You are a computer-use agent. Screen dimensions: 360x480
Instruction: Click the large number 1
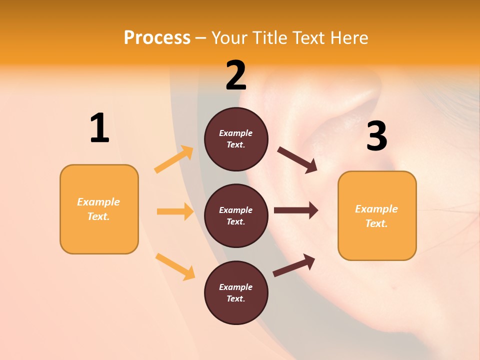tap(99, 128)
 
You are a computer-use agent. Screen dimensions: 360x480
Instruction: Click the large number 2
tap(236, 75)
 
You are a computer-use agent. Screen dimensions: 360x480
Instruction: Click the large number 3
tap(376, 136)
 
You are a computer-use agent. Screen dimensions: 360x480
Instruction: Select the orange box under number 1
tap(99, 209)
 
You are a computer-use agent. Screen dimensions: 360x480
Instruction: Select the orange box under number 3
tap(377, 216)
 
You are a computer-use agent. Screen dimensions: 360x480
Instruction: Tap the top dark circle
tap(236, 139)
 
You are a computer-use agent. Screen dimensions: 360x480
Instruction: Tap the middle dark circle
tap(236, 216)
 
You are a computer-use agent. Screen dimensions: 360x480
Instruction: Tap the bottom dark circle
tap(236, 293)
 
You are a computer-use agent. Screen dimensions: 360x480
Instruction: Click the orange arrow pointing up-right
tap(174, 159)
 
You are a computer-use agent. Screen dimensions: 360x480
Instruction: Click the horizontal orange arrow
tap(175, 211)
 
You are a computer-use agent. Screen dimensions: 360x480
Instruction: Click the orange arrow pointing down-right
tap(175, 266)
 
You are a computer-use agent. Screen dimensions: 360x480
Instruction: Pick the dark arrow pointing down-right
tap(297, 160)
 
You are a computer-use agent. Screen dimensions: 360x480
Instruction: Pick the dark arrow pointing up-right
tap(294, 265)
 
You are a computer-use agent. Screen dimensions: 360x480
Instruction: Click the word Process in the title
tap(157, 37)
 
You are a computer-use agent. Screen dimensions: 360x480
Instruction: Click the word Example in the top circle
tap(236, 133)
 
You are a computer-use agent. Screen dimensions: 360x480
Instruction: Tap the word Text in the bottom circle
tap(235, 298)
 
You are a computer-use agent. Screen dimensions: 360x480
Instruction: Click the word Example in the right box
tap(376, 209)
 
